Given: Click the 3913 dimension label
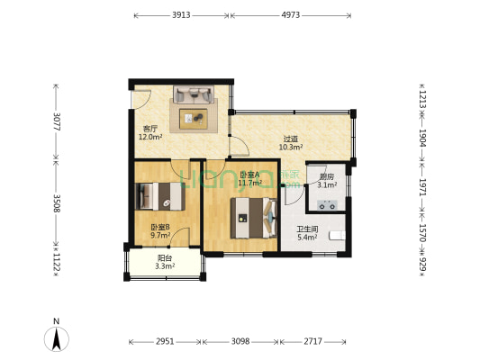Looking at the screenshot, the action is (x=181, y=15).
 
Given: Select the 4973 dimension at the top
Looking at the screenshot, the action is (x=291, y=15).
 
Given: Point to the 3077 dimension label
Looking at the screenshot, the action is (x=57, y=121).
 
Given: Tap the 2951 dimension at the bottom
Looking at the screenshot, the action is (x=165, y=341).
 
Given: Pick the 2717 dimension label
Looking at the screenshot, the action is (x=312, y=341).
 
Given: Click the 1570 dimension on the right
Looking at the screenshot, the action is (x=422, y=233).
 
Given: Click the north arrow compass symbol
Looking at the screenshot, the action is (x=57, y=339).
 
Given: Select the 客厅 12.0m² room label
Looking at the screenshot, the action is (x=150, y=133).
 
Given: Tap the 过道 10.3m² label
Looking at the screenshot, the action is (x=291, y=143).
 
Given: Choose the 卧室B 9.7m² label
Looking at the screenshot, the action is (x=160, y=231).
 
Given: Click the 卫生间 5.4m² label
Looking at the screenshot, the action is (x=307, y=233).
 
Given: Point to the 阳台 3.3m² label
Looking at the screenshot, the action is (x=165, y=263).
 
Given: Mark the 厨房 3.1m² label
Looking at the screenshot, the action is (x=327, y=181).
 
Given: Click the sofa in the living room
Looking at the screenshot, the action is (x=194, y=94).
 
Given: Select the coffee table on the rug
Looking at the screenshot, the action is (x=194, y=119).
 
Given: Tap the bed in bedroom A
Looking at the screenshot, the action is (x=254, y=218).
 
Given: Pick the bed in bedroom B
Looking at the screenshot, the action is (x=160, y=196).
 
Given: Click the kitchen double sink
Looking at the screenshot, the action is (x=327, y=204).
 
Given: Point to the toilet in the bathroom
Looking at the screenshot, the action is (x=337, y=236).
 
